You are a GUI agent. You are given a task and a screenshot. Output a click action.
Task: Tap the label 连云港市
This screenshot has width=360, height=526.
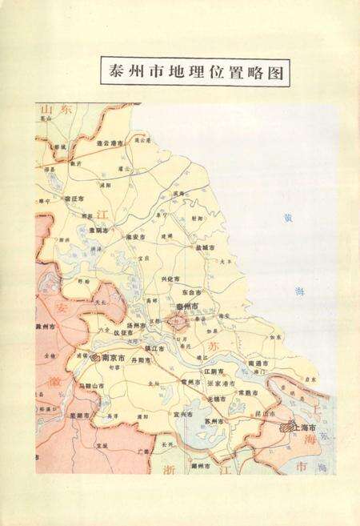click(x=110, y=143)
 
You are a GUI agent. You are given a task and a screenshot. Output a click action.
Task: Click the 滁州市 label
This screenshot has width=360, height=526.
click(x=47, y=327)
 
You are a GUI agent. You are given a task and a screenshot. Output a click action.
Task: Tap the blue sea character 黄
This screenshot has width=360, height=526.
click(x=289, y=217)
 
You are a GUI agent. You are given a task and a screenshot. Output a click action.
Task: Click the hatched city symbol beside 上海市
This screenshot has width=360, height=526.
click(x=286, y=428)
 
